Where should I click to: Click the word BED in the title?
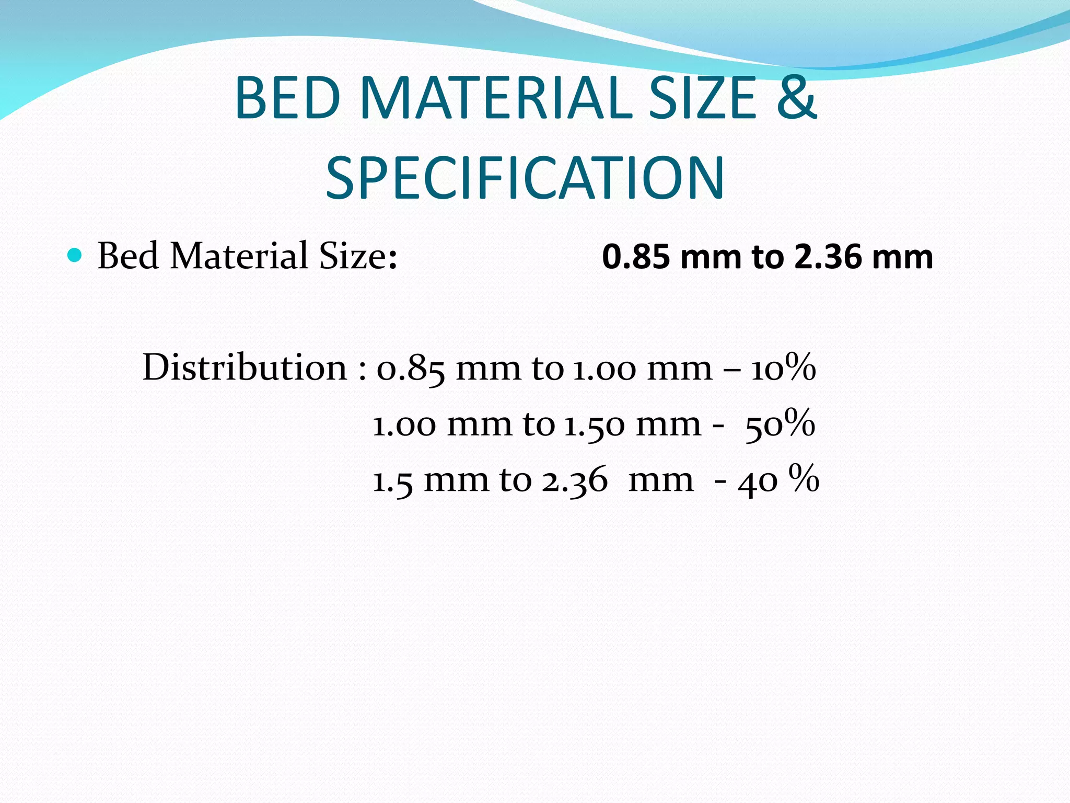tap(288, 98)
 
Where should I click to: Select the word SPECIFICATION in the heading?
tap(525, 178)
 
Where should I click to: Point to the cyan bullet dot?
tap(75, 256)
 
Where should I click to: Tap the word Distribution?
tap(245, 368)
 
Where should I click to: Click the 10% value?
tap(783, 368)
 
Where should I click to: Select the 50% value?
tap(780, 423)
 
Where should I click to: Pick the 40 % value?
tap(778, 479)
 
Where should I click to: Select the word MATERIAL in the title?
tap(496, 98)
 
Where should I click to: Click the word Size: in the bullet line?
tap(358, 256)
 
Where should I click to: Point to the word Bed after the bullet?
tap(128, 256)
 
